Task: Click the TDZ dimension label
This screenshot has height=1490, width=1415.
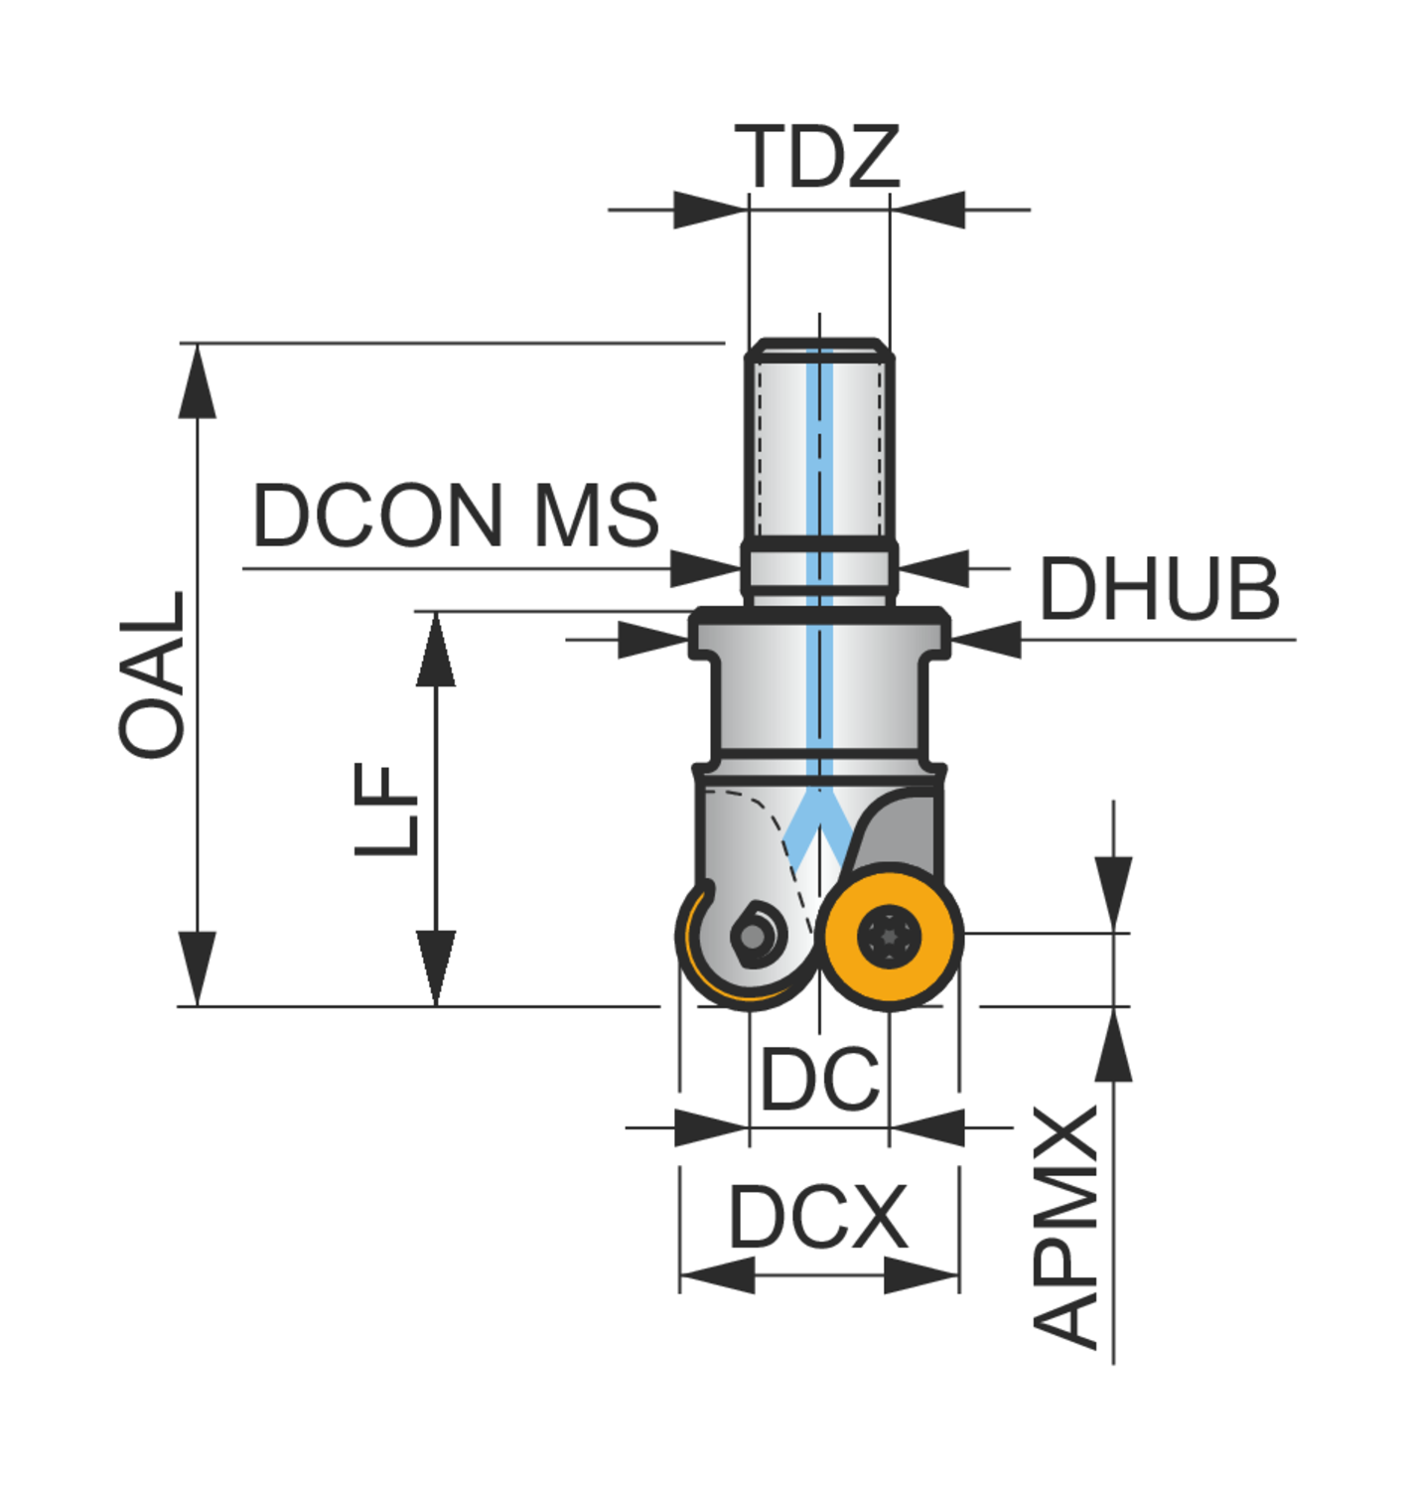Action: (817, 156)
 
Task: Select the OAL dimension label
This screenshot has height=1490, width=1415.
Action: (152, 674)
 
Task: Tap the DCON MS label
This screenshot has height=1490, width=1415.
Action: (456, 515)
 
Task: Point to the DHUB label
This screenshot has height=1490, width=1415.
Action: (1161, 589)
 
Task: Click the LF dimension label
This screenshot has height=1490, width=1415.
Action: (386, 809)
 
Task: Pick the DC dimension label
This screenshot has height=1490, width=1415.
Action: (820, 1079)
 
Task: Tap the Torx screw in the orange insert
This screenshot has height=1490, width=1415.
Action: (890, 937)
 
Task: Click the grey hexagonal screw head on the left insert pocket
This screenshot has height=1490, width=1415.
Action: (753, 936)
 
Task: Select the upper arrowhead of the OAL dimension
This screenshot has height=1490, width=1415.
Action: (197, 381)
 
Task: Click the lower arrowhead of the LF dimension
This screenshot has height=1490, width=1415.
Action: (436, 968)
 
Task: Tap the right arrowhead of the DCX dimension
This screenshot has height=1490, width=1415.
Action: (921, 1275)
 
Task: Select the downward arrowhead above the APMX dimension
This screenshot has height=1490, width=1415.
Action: (1113, 894)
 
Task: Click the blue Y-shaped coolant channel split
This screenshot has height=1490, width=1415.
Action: (819, 826)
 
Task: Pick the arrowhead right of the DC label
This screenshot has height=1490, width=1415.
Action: (926, 1127)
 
